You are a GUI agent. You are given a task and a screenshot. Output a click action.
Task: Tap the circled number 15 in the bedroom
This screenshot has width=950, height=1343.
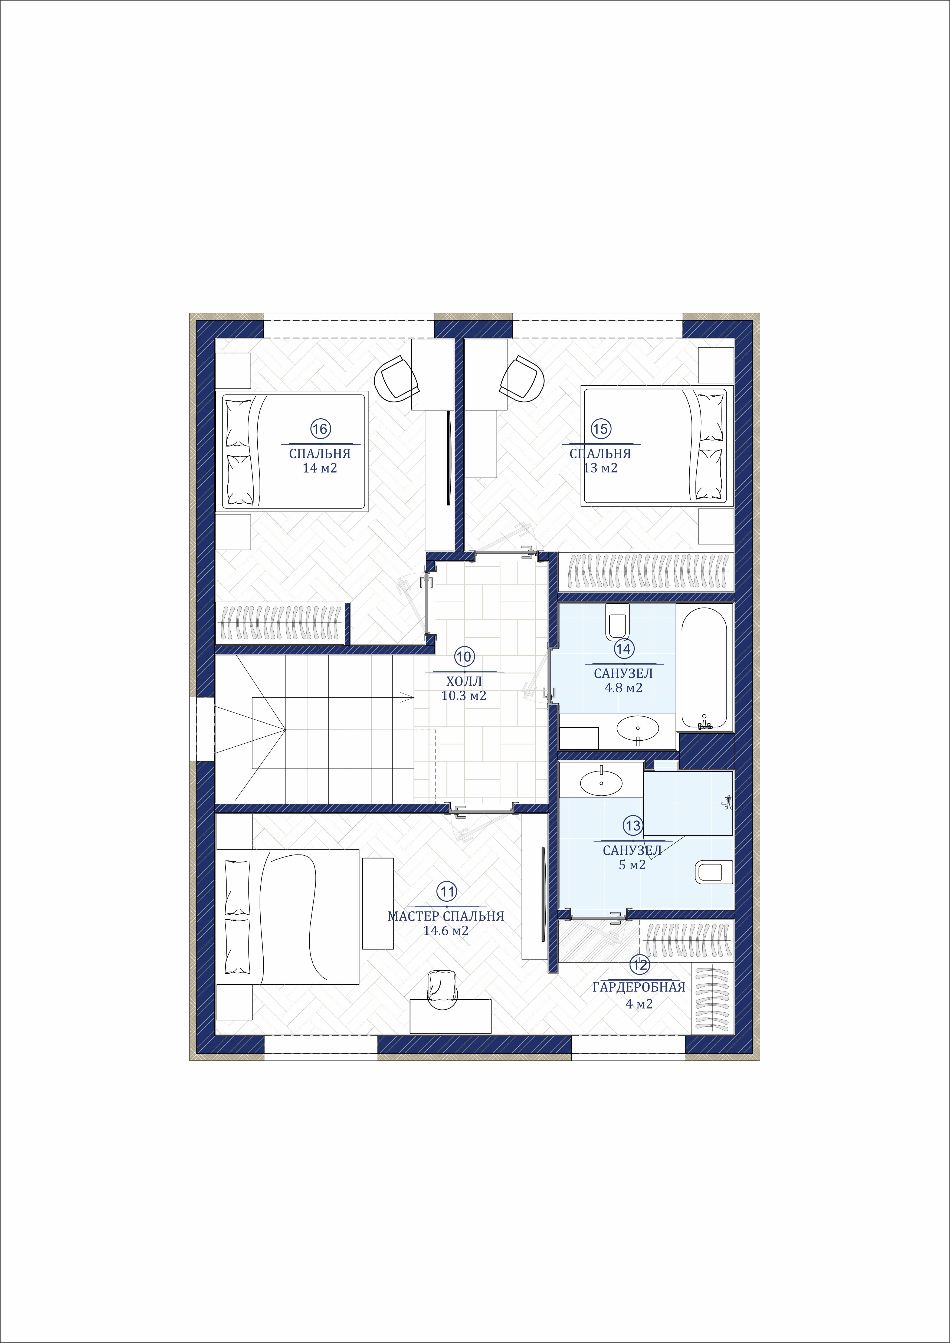[600, 429]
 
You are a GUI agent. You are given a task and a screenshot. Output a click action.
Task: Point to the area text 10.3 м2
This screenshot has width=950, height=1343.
[464, 696]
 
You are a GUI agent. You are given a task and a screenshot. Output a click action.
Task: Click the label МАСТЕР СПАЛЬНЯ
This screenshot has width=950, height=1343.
[446, 916]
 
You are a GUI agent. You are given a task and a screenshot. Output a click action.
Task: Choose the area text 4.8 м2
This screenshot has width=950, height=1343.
[624, 688]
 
